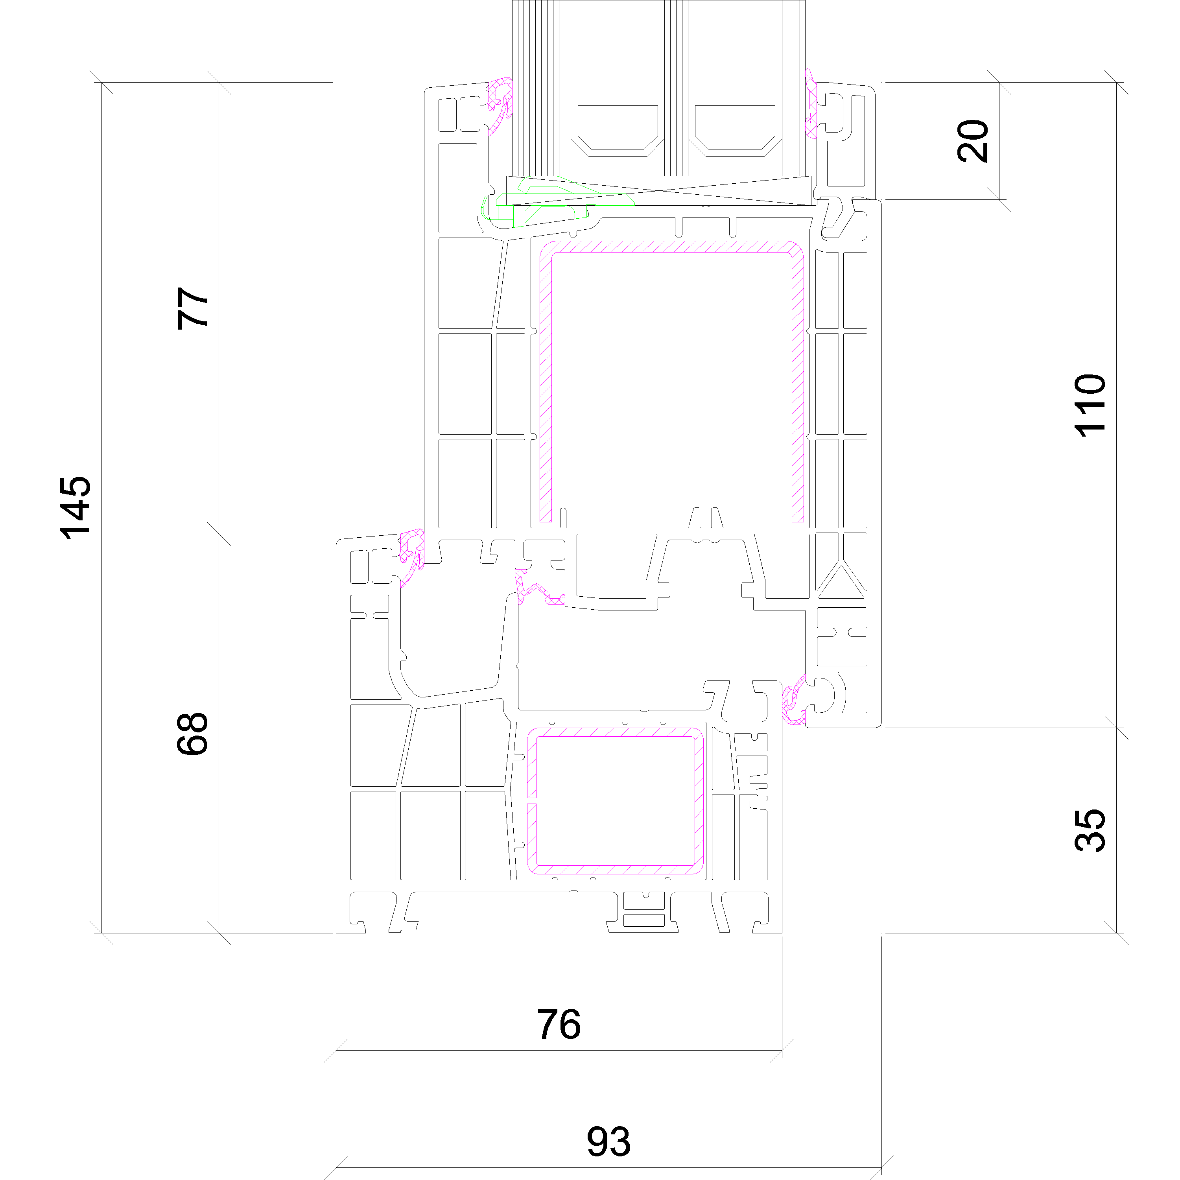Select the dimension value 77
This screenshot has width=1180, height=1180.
click(192, 308)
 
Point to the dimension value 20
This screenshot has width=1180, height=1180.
click(972, 141)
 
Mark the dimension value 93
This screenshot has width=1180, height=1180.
click(608, 1141)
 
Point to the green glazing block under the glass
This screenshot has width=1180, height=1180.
click(550, 199)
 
